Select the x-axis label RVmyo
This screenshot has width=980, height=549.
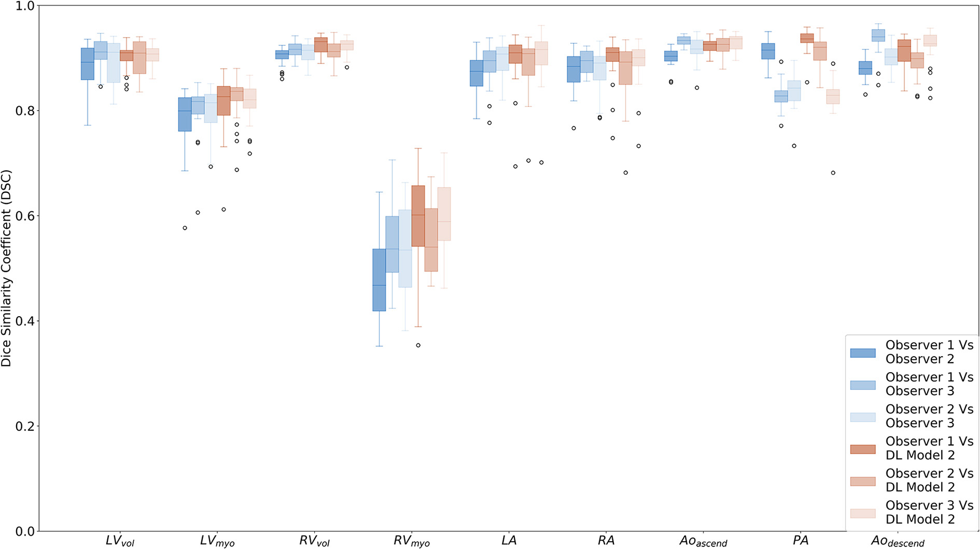coord(411,541)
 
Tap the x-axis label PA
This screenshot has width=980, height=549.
coord(800,540)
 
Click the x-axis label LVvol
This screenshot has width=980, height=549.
coord(120,541)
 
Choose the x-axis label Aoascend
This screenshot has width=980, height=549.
coord(703,541)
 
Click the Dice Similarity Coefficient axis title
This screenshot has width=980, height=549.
coord(7,269)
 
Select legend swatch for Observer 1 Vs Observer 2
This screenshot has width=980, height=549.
coord(863,353)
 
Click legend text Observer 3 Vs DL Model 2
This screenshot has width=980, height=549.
coord(929,513)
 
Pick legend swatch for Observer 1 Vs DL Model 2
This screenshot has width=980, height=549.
coord(863,449)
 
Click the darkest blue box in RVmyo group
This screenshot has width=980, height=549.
coord(379,280)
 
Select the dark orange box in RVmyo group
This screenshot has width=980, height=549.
coord(418,216)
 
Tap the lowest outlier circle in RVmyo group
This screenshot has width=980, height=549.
coord(418,345)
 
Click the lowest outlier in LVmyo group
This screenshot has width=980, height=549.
coord(185,228)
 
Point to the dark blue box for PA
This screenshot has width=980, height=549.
coord(768,51)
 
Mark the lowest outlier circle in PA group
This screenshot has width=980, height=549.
coord(833,173)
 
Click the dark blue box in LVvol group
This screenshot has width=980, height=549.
coord(87,64)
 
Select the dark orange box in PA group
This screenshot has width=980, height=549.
coord(807,38)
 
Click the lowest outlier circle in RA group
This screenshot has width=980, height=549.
coord(625,172)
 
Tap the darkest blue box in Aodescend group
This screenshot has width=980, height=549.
coord(866,68)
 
